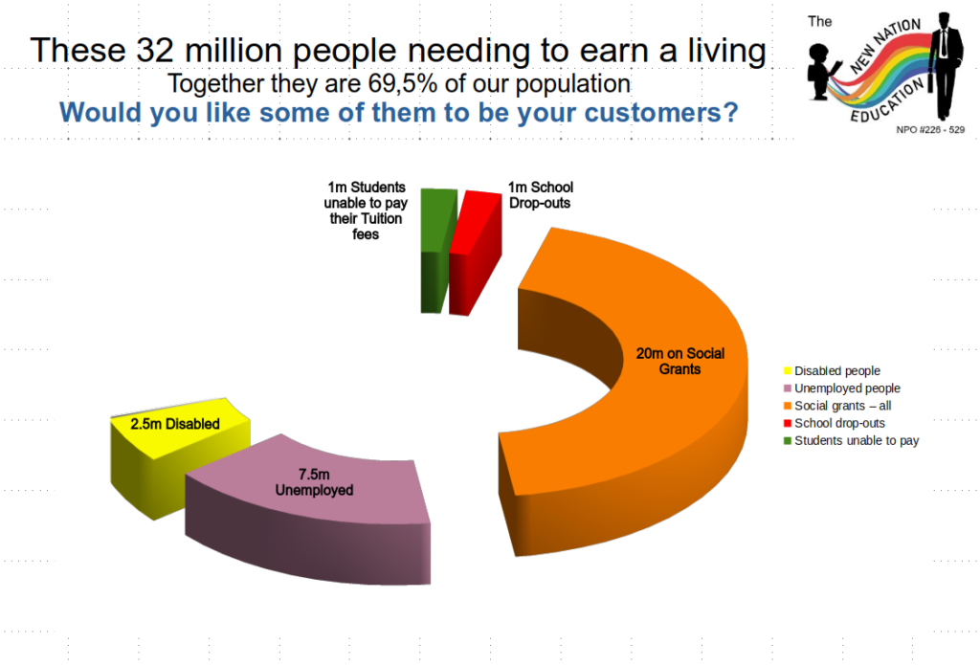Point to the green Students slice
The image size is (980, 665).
point(435,250)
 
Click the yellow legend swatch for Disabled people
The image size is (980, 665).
point(788,370)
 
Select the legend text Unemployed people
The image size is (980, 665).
point(847,388)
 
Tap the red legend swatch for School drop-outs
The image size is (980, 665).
point(788,423)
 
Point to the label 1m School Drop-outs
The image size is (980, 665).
point(541,195)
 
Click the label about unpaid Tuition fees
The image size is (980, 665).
point(366,211)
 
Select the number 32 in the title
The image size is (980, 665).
point(155,50)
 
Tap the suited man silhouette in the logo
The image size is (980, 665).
point(945,66)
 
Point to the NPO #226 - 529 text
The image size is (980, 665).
point(930,129)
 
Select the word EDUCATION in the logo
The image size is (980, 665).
point(887,101)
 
